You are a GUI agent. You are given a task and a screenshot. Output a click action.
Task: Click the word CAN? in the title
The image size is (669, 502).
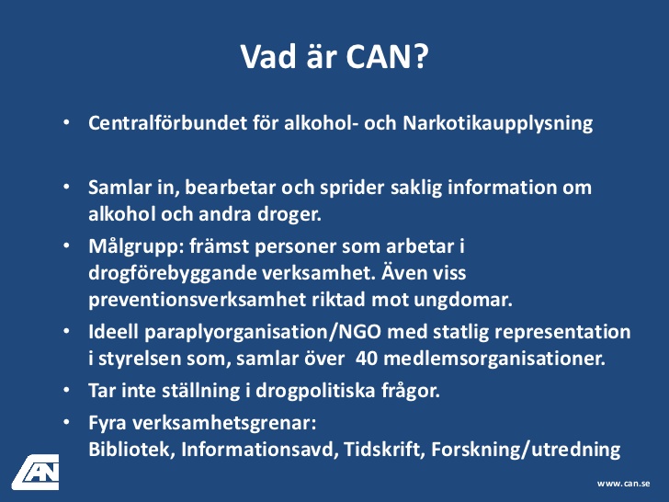387,56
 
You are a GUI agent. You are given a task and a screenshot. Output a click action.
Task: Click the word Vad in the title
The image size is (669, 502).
268,56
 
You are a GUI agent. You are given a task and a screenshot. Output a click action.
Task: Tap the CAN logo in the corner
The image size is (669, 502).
36,473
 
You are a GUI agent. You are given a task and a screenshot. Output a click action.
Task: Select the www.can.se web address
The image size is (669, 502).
623,484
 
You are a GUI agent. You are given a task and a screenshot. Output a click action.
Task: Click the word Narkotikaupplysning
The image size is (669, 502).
498,124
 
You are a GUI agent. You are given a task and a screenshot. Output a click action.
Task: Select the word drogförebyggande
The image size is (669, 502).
172,274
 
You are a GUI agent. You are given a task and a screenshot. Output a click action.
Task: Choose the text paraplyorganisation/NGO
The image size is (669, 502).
263,333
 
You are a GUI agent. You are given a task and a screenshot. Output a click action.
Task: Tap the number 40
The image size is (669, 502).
367,359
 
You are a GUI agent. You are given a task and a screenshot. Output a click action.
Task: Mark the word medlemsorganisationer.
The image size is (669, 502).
494,359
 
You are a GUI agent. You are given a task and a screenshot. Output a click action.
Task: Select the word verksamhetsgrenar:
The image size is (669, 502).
224,424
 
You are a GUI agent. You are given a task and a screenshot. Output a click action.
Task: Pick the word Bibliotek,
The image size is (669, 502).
131,449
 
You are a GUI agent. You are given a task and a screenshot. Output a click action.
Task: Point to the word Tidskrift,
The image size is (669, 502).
384,449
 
